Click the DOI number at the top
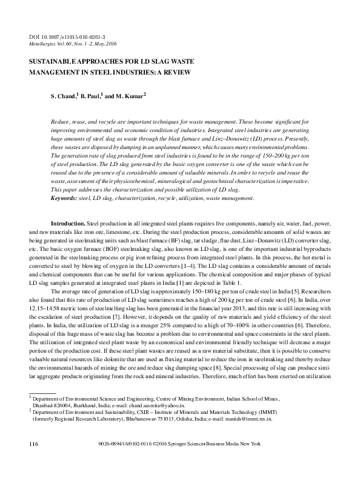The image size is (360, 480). pyautogui.click(x=67, y=38)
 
